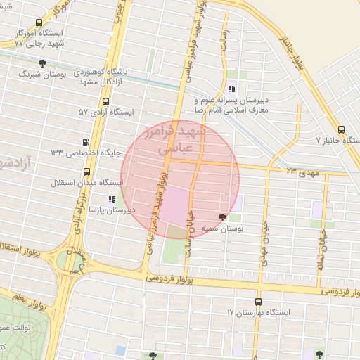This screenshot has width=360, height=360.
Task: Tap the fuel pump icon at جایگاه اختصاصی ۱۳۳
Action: pyautogui.click(x=86, y=140)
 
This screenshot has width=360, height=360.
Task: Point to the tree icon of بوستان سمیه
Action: pyautogui.click(x=223, y=217)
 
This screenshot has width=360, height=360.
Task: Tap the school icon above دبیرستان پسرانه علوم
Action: pyautogui.click(x=230, y=89)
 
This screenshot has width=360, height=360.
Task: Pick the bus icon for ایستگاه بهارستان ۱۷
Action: pyautogui.click(x=258, y=301)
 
